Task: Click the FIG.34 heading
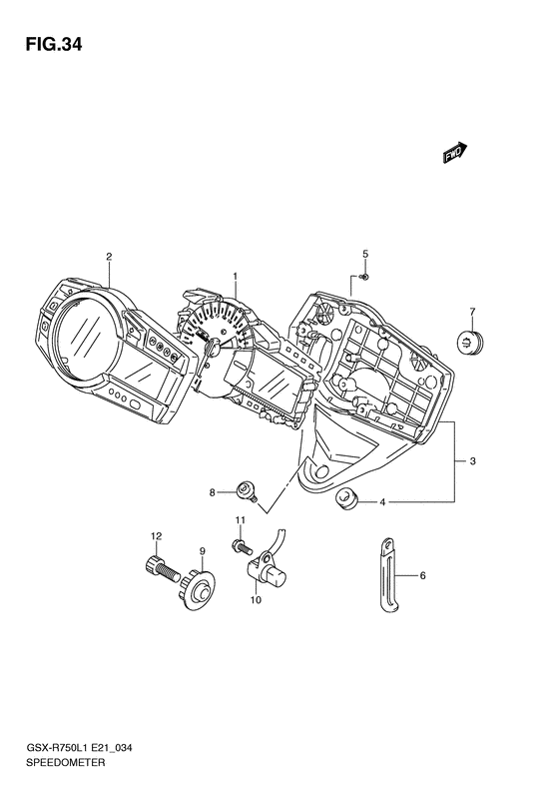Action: pyautogui.click(x=53, y=44)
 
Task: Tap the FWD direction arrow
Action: pyautogui.click(x=455, y=152)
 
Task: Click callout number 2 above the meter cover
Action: pyautogui.click(x=108, y=257)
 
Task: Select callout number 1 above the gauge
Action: pyautogui.click(x=235, y=276)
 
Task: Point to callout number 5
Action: pyautogui.click(x=365, y=254)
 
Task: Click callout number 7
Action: pyautogui.click(x=472, y=312)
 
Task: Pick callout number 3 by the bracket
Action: pyautogui.click(x=472, y=461)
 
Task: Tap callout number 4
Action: pyautogui.click(x=382, y=501)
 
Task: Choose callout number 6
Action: pyautogui.click(x=422, y=575)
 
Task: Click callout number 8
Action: pyautogui.click(x=212, y=492)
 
